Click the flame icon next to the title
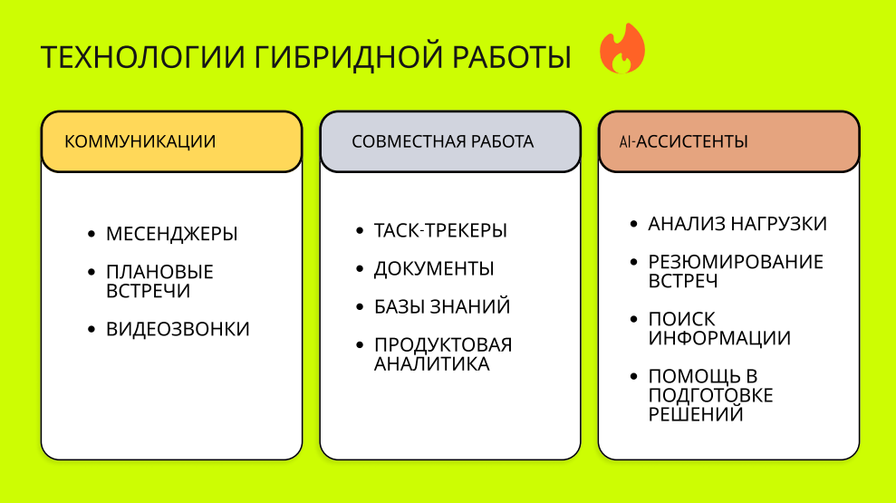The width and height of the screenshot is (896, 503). [x=622, y=49]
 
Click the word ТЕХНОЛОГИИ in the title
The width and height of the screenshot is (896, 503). [x=143, y=57]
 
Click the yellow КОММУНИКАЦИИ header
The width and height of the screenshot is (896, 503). [x=171, y=141]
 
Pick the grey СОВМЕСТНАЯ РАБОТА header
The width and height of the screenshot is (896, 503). [x=450, y=141]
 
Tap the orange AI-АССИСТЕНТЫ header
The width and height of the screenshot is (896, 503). [x=729, y=141]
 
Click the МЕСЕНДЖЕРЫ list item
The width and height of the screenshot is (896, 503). [x=171, y=234]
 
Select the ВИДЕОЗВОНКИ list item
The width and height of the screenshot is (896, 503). [x=178, y=329]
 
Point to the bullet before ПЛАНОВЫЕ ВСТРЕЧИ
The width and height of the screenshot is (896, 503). [x=92, y=272]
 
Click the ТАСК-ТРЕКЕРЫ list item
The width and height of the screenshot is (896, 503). [x=440, y=230]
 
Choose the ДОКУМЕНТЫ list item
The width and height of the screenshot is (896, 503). [x=434, y=268]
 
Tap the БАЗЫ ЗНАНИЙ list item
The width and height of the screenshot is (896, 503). [x=442, y=307]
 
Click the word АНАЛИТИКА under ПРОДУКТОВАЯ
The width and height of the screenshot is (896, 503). [x=432, y=364]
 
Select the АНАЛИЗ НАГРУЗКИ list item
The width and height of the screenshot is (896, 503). [x=737, y=224]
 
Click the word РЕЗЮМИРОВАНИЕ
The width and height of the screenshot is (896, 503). [x=736, y=262]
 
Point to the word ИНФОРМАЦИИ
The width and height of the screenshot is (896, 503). [x=719, y=338]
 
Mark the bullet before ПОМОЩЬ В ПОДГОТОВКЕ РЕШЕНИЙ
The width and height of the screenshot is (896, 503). [x=633, y=377]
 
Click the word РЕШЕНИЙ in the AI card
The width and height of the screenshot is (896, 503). [x=696, y=414]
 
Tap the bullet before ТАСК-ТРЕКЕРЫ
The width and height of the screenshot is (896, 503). [x=360, y=230]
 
